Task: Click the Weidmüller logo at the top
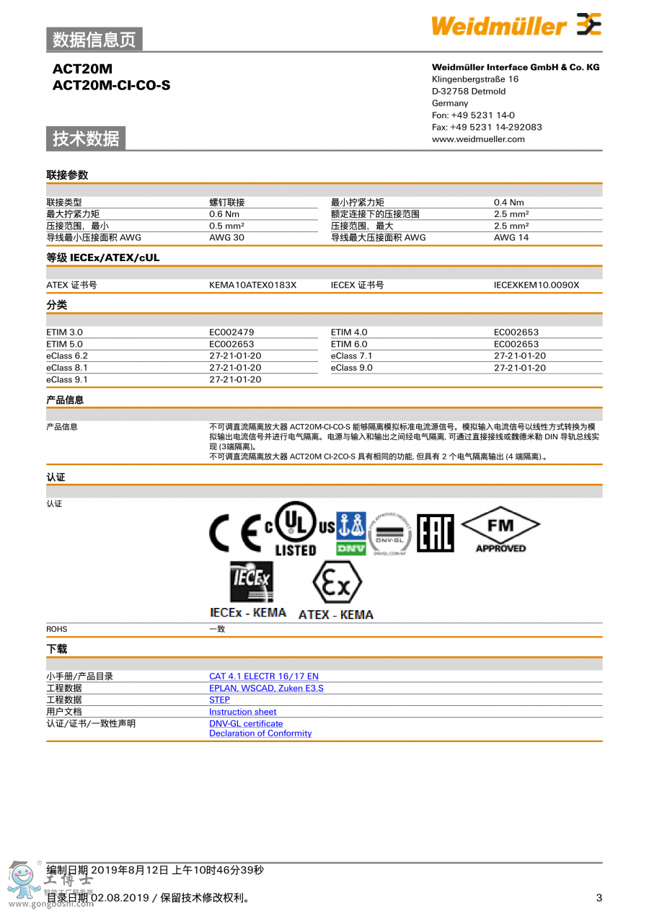pos(516,26)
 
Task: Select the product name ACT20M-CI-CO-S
pos(111,86)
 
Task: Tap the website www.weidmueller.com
pos(478,139)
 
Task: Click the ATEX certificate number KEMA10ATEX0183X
pos(252,285)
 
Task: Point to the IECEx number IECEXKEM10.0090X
pos(536,285)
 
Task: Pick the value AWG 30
pos(226,237)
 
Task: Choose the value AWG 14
pos(511,237)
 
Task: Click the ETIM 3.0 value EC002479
pos(231,332)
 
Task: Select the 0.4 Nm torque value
pos(508,203)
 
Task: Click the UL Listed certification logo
pos(296,529)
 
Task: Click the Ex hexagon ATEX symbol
pos(336,585)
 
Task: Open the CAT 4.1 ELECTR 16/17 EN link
pos(263,676)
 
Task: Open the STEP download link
pos(219,699)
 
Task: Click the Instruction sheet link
pos(242,712)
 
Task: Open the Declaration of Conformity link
pos(260,733)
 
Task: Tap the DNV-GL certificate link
pos(246,723)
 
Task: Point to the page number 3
pos(599,898)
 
